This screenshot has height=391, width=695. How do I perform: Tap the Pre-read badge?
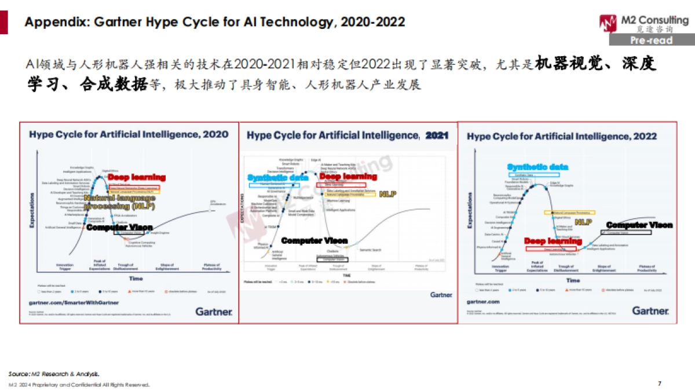pos(651,41)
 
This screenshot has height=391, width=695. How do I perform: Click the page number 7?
pos(660,383)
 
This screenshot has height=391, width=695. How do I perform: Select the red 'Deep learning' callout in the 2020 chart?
pos(137,177)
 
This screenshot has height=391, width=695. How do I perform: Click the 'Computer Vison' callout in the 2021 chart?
pos(314,240)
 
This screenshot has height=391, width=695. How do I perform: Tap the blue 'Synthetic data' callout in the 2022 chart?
pos(537,167)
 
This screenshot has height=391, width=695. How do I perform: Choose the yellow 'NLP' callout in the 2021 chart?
pos(387,194)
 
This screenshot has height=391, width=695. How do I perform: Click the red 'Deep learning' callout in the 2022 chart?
pos(553,241)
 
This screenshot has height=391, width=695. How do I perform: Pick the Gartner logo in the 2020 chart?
pos(213,312)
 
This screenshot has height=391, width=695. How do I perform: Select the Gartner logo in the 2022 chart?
pos(650,311)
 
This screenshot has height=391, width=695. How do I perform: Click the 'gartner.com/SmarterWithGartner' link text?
pos(74,302)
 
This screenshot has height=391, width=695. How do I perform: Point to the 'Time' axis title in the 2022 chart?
pos(573,280)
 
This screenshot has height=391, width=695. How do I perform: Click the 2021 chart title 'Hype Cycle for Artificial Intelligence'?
pos(332,136)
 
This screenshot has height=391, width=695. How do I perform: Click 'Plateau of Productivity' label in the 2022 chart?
pos(646,269)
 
